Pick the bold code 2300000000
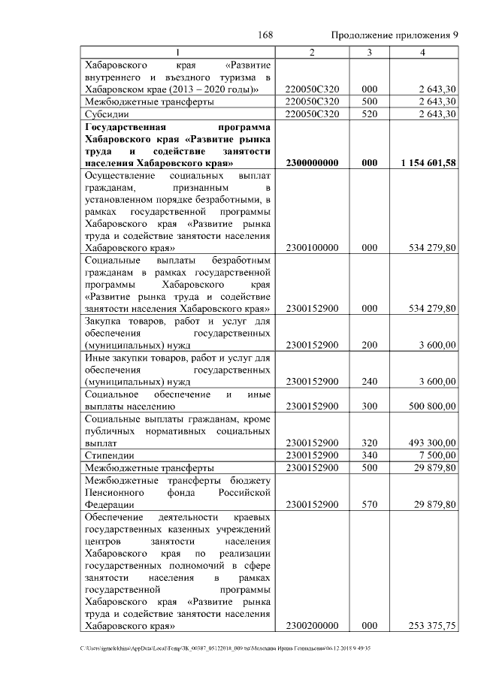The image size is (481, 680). (x=312, y=163)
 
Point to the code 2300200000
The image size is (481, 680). (x=312, y=625)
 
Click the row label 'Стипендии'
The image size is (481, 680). (x=110, y=455)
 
